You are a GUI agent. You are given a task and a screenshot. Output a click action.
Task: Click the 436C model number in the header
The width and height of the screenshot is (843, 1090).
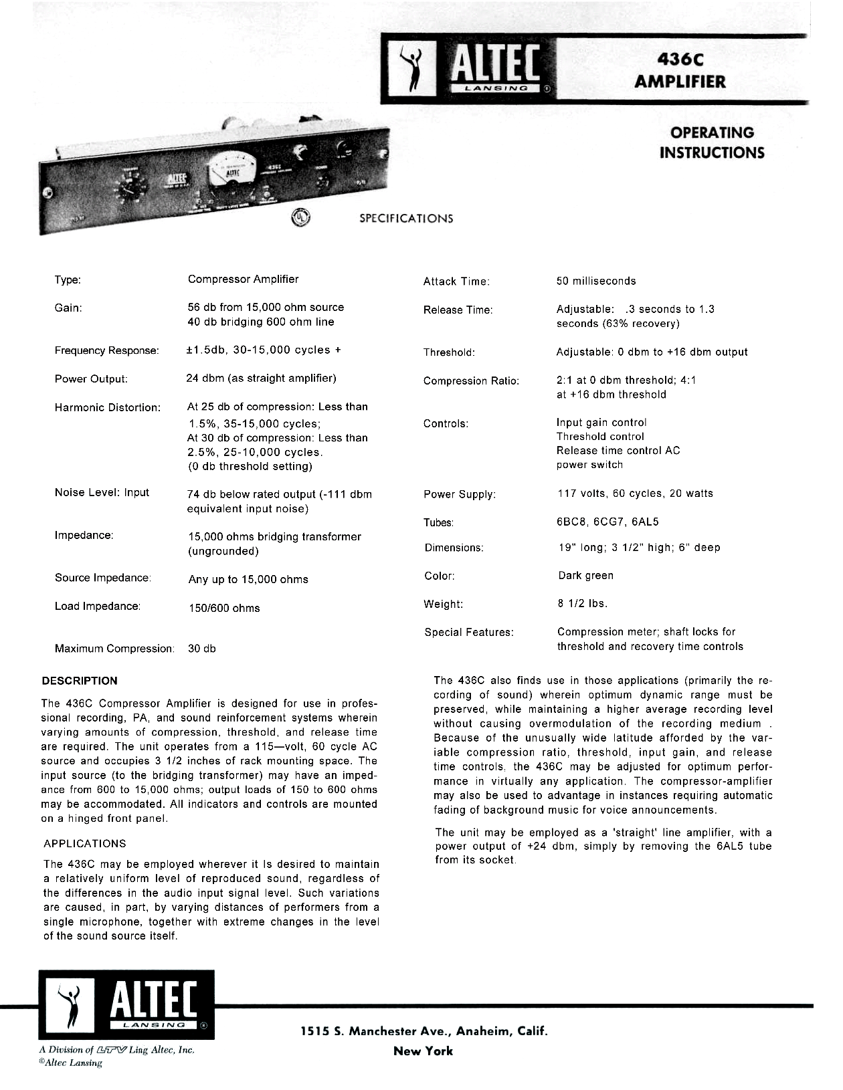pyautogui.click(x=680, y=60)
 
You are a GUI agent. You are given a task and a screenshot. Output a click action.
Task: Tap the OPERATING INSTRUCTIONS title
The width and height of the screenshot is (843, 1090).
pyautogui.click(x=711, y=142)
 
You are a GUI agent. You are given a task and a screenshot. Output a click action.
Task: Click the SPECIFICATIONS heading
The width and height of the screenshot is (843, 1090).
pyautogui.click(x=405, y=219)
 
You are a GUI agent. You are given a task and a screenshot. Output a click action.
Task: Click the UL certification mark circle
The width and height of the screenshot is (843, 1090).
pyautogui.click(x=300, y=217)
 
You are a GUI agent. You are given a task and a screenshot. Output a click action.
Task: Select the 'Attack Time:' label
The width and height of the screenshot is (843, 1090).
pyautogui.click(x=456, y=282)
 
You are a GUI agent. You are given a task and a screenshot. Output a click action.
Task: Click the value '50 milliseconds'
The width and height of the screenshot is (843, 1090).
pyautogui.click(x=595, y=281)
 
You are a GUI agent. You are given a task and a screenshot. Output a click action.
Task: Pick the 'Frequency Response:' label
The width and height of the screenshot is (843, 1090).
pyautogui.click(x=106, y=350)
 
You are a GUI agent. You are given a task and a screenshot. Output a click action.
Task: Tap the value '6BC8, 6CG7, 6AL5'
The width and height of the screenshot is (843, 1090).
pyautogui.click(x=607, y=522)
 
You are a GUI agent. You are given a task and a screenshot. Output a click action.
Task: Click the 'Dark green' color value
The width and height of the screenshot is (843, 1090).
pyautogui.click(x=585, y=575)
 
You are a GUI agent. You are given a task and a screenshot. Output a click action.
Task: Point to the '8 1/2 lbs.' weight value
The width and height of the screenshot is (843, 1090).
pyautogui.click(x=583, y=603)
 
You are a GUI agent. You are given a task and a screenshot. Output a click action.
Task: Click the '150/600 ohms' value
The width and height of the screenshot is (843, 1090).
pyautogui.click(x=224, y=608)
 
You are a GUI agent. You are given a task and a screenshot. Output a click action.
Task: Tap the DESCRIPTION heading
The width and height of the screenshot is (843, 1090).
pyautogui.click(x=80, y=681)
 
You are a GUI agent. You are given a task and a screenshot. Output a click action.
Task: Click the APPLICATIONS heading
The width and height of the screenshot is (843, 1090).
pyautogui.click(x=84, y=843)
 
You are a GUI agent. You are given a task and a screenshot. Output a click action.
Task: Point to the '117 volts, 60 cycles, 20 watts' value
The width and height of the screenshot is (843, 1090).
pyautogui.click(x=635, y=494)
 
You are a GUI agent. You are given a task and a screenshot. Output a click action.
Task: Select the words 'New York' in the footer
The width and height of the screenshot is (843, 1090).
pyautogui.click(x=423, y=1051)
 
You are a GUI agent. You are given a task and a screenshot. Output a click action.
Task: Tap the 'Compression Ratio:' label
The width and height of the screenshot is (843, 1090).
pyautogui.click(x=471, y=381)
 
